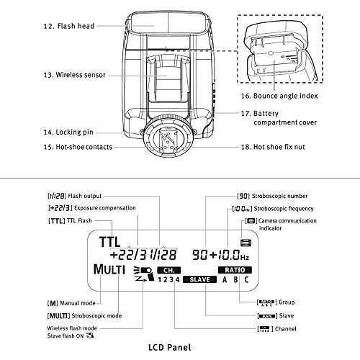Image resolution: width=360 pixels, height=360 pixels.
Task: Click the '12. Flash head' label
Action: tap(69, 26)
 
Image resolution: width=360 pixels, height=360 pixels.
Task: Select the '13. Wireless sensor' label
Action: tap(74, 75)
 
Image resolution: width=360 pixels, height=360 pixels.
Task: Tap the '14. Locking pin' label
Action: tap(68, 132)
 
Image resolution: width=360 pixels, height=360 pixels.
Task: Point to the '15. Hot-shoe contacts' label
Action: tap(78, 147)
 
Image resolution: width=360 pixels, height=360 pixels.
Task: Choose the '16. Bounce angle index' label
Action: tap(279, 96)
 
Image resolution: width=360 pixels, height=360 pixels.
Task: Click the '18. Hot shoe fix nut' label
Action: tap(273, 147)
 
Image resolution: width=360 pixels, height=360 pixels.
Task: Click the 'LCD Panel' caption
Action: tap(170, 347)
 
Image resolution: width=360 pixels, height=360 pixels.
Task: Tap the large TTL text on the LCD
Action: tap(109, 242)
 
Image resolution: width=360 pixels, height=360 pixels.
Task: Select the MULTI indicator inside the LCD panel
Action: tap(109, 269)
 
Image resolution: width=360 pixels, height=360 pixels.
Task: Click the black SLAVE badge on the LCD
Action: tap(199, 279)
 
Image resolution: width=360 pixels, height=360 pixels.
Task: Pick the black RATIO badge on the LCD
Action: tap(235, 270)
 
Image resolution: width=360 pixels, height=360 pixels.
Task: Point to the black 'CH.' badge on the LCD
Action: tap(168, 270)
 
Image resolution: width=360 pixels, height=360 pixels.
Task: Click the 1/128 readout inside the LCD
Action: tap(163, 255)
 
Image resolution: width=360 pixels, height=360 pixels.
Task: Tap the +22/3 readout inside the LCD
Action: tap(128, 255)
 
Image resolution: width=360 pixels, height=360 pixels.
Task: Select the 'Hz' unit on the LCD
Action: tap(245, 258)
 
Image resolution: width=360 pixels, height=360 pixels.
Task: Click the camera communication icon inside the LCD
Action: tap(246, 243)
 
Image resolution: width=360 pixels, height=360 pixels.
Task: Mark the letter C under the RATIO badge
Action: tap(246, 280)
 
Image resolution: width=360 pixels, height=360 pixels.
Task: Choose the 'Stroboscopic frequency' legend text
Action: tap(284, 209)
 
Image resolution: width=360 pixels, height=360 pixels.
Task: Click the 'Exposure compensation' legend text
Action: tap(105, 208)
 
